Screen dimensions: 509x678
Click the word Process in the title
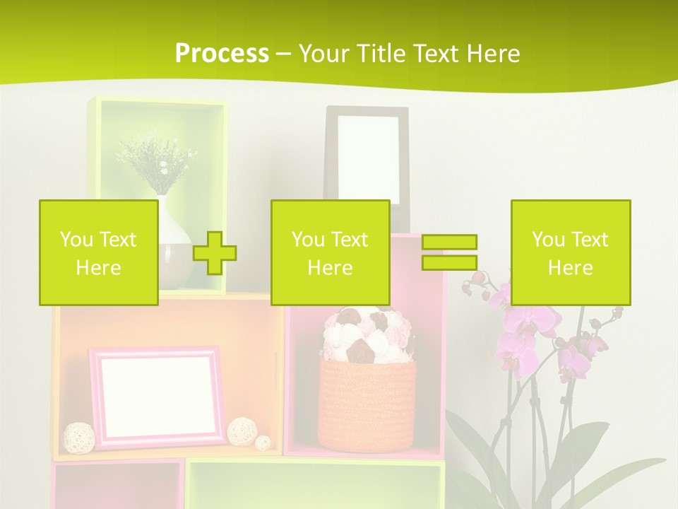coord(222,53)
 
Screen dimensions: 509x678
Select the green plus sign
coord(215,253)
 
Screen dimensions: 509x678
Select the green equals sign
coord(449,252)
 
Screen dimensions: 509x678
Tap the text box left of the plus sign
coord(98,252)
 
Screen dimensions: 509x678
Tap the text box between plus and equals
coord(330,252)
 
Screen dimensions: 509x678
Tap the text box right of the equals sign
coord(570,252)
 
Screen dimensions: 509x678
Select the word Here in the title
coord(492,53)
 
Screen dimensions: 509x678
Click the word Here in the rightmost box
coord(570,268)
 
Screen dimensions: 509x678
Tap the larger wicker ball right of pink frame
coord(242,430)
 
